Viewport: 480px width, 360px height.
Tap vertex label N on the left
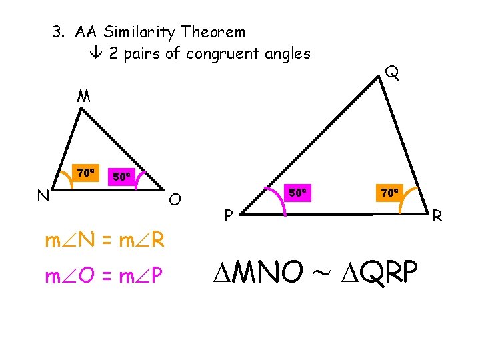pyautogui.click(x=42, y=195)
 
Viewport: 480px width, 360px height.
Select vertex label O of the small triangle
pyautogui.click(x=175, y=199)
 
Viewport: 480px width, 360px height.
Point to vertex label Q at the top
pyautogui.click(x=393, y=72)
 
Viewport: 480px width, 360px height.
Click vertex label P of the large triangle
pyautogui.click(x=228, y=215)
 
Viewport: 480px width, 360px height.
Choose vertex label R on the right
pyautogui.click(x=437, y=215)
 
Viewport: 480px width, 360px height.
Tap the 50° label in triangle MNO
pyautogui.click(x=122, y=177)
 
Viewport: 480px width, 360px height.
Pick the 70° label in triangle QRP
pyautogui.click(x=390, y=193)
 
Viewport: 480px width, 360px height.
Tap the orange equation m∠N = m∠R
pyautogui.click(x=105, y=241)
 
